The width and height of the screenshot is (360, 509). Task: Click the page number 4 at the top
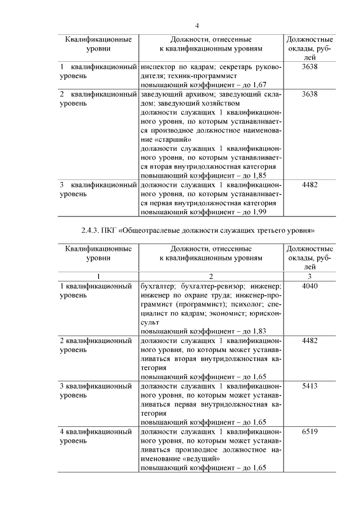click(x=197, y=25)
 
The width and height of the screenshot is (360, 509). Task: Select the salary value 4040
click(x=310, y=286)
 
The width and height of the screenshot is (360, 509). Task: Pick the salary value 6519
click(x=310, y=431)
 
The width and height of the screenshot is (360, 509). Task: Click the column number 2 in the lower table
click(x=211, y=276)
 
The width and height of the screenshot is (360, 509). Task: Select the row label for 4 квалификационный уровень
click(x=96, y=436)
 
